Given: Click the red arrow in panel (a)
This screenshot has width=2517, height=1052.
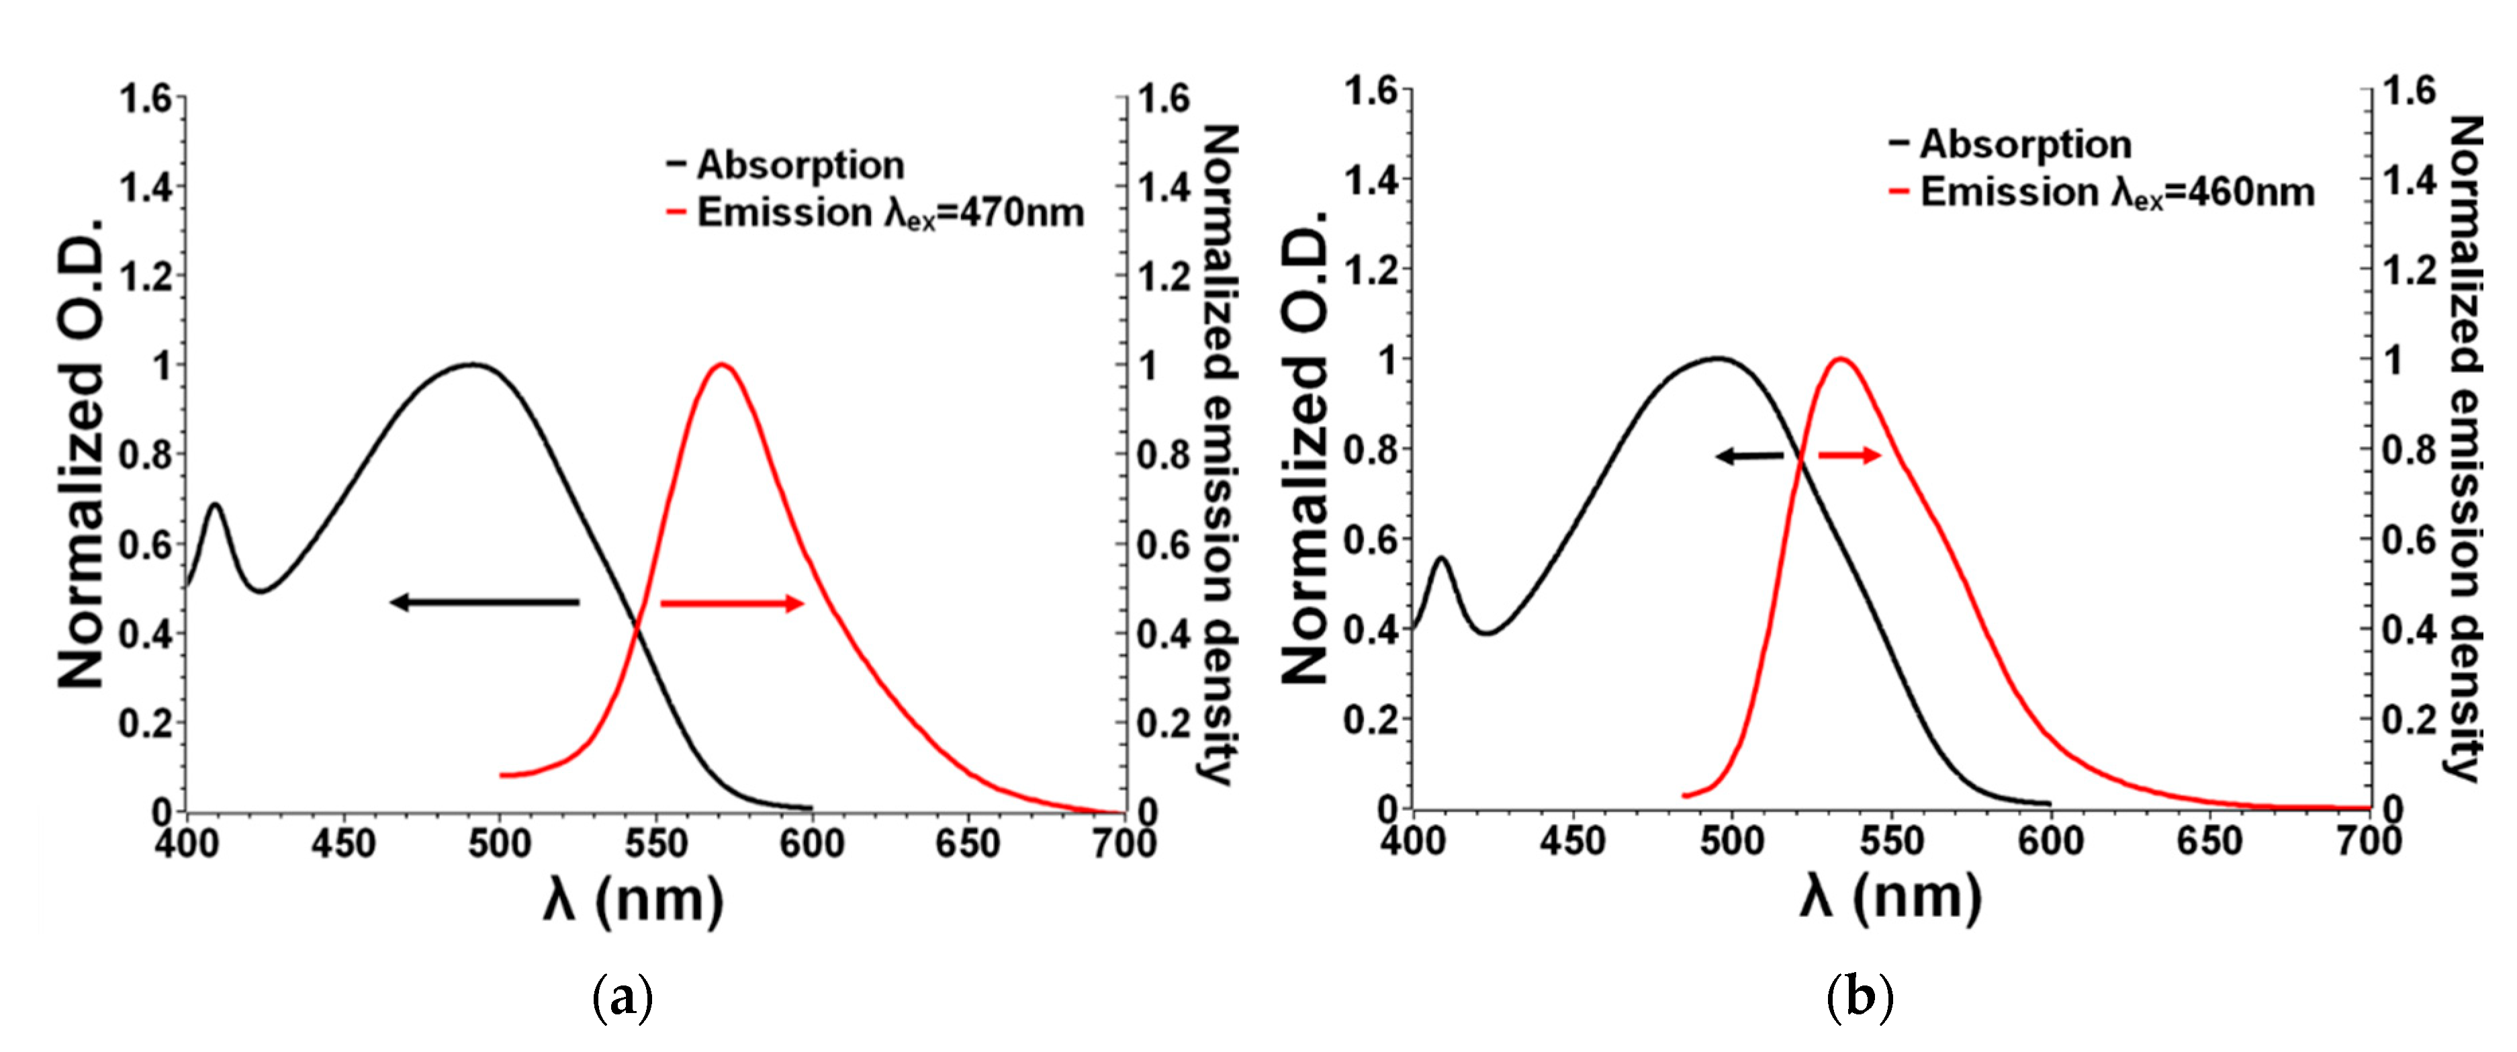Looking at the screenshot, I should pyautogui.click(x=732, y=603).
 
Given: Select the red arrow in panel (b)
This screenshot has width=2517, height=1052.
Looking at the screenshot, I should pyautogui.click(x=1849, y=455).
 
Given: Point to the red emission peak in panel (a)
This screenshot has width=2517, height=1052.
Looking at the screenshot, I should pyautogui.click(x=722, y=365).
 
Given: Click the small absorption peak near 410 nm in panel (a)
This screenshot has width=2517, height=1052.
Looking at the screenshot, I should pyautogui.click(x=215, y=505).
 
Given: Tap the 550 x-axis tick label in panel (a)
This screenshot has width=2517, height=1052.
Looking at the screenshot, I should pyautogui.click(x=655, y=844).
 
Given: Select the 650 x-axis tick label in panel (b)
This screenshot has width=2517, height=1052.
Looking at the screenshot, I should pyautogui.click(x=2209, y=841).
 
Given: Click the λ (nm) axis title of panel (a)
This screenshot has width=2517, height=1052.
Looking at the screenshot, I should pyautogui.click(x=633, y=900).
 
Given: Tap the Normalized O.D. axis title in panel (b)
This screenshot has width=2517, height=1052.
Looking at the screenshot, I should pyautogui.click(x=1304, y=445).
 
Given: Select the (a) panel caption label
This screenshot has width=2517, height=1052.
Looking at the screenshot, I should pyautogui.click(x=623, y=999).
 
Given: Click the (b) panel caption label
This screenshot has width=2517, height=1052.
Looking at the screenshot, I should pyautogui.click(x=1860, y=999).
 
